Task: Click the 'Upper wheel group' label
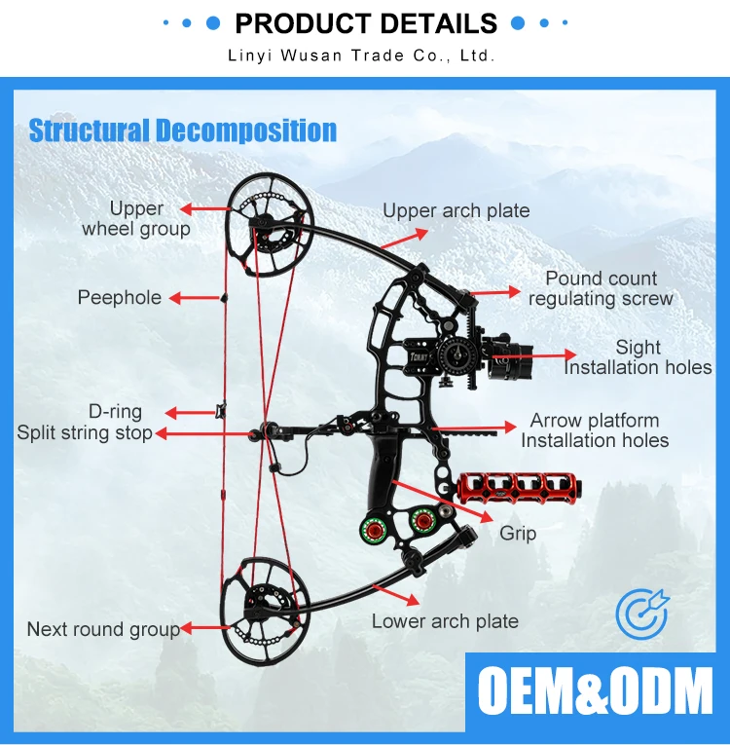pos(136,219)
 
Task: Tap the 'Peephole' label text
pos(120,298)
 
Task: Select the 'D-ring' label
pos(116,412)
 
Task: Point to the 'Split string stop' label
pos(85,432)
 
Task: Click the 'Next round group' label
pos(103,629)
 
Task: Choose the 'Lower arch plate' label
pos(445,620)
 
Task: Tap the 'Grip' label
pos(518,534)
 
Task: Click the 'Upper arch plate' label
pos(456,210)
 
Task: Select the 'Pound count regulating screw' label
pos(601,289)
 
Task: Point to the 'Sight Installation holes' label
pos(638,357)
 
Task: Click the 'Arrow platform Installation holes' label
pos(595,430)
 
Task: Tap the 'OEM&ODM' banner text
pos(595,692)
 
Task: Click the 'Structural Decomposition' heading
pos(183,130)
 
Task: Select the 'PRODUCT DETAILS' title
pos(366,23)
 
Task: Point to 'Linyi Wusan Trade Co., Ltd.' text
pos(361,56)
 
